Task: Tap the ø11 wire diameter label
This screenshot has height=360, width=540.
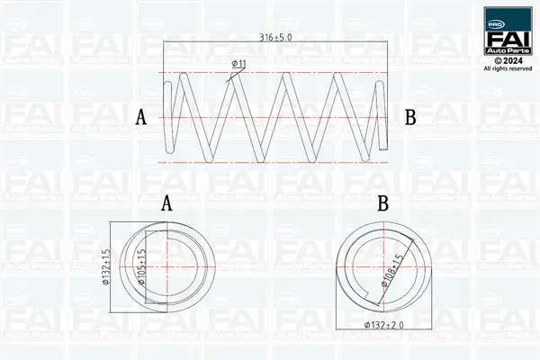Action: coord(239,63)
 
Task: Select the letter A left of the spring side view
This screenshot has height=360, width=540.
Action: coord(140,117)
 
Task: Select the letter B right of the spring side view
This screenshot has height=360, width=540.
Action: coord(410,117)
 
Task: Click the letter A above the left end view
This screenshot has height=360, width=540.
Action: coord(166,204)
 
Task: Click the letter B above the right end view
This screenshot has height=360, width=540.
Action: coord(382,204)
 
